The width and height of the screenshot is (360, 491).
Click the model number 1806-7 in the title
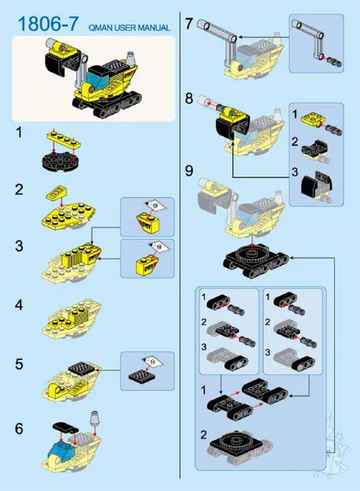click(x=48, y=24)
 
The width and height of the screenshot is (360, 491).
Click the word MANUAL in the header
click(x=153, y=28)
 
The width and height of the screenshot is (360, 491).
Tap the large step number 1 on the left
click(x=20, y=133)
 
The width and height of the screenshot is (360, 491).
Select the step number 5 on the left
click(x=19, y=364)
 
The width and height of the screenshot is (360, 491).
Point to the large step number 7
click(x=189, y=24)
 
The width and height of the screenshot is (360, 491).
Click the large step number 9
click(x=189, y=171)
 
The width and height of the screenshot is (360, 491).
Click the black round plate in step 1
click(x=60, y=160)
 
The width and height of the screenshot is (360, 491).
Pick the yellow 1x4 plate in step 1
click(x=63, y=140)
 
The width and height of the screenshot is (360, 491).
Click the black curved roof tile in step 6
click(x=65, y=427)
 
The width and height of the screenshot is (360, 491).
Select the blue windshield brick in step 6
click(x=62, y=450)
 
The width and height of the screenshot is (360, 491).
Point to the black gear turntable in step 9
click(x=252, y=252)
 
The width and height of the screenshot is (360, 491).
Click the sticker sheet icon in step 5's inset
click(x=153, y=362)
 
